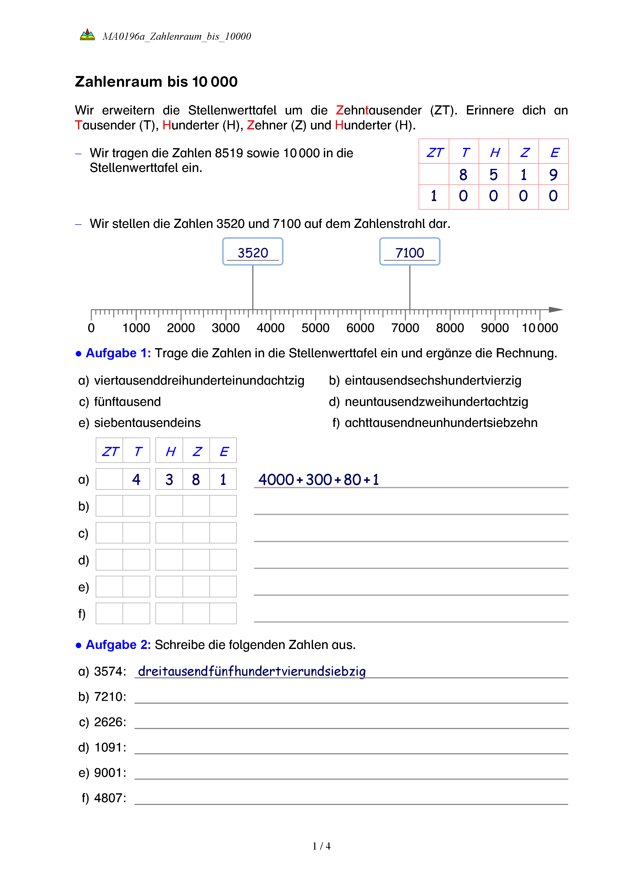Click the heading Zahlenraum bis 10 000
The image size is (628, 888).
[x=156, y=82]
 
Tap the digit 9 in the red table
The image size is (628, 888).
[x=553, y=175]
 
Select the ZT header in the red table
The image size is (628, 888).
[x=434, y=153]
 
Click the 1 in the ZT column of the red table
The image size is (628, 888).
[x=434, y=196]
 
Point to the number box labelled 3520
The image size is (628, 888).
[x=253, y=252]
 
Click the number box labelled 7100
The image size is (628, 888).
[x=410, y=252]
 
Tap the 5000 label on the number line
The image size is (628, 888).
[x=315, y=328]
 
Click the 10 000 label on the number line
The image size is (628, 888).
[x=540, y=328]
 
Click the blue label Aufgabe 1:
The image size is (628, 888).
[x=118, y=353]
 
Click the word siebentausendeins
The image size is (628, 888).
[x=147, y=423]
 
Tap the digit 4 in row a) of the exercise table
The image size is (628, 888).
[x=136, y=480]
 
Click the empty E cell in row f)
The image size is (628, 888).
[x=223, y=614]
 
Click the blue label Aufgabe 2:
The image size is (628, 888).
[x=118, y=645]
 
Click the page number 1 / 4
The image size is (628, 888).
[x=321, y=846]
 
